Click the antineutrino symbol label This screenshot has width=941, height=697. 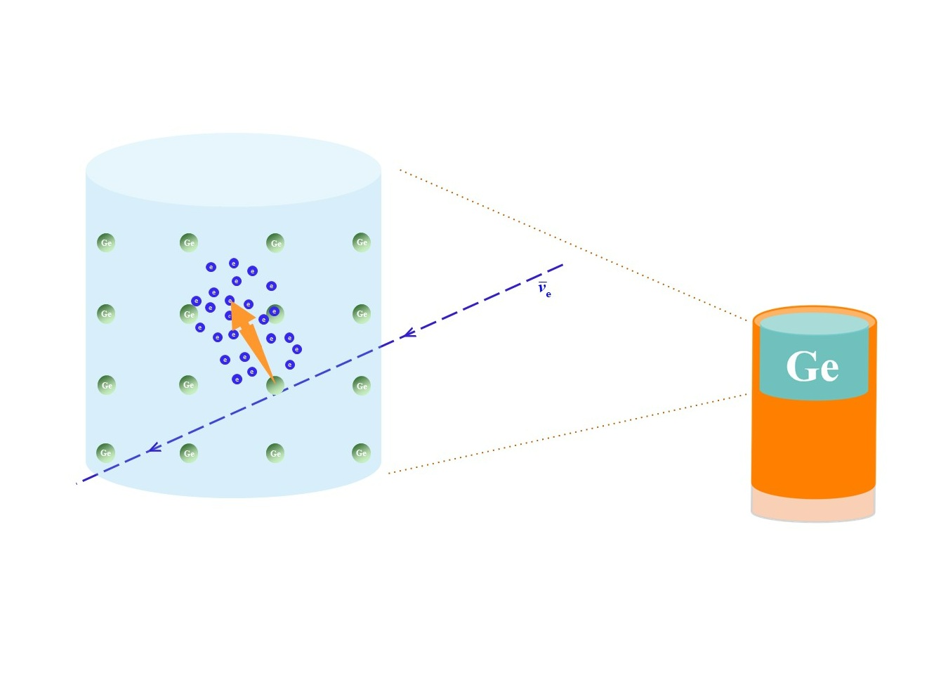pyautogui.click(x=544, y=289)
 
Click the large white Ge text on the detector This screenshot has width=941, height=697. pyautogui.click(x=812, y=366)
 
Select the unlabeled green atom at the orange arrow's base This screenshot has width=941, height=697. pyautogui.click(x=275, y=385)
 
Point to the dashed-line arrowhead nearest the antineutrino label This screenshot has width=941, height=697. pyautogui.click(x=409, y=333)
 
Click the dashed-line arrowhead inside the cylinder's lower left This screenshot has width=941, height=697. pyautogui.click(x=154, y=448)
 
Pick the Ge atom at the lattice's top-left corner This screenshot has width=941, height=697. pyautogui.click(x=106, y=242)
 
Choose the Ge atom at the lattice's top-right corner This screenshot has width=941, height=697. pyautogui.click(x=362, y=242)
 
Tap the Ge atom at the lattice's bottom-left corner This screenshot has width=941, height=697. pyautogui.click(x=106, y=452)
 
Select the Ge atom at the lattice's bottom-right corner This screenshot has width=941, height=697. pyautogui.click(x=361, y=452)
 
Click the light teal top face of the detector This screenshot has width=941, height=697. pyautogui.click(x=814, y=323)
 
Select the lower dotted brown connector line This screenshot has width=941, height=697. pyautogui.click(x=569, y=434)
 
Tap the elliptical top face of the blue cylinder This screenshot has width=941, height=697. pyautogui.click(x=233, y=169)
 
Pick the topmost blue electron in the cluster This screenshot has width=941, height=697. pyautogui.click(x=234, y=263)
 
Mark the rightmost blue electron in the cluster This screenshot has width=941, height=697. pyautogui.click(x=297, y=349)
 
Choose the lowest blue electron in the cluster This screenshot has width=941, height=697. pyautogui.click(x=237, y=379)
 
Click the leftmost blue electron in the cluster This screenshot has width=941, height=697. pyautogui.click(x=196, y=301)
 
